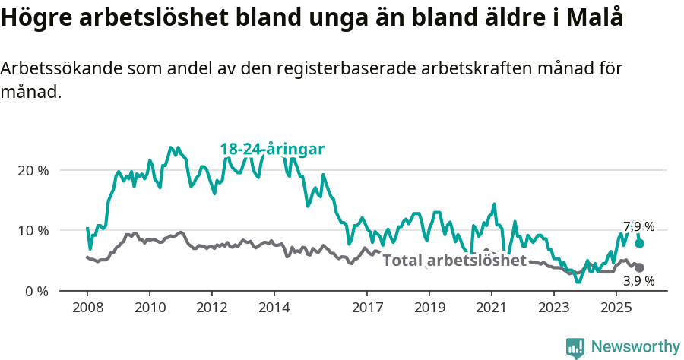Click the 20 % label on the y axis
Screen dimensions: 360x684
(32, 170)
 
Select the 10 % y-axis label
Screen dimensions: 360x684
(32, 231)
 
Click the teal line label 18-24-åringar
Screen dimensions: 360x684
(272, 149)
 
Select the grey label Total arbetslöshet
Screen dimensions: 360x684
(454, 261)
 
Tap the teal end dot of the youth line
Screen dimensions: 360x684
(639, 243)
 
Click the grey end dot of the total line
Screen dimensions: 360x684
(639, 267)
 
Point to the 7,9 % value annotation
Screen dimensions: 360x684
(638, 226)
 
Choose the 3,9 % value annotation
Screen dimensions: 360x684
(638, 281)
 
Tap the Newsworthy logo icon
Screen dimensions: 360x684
(575, 348)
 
